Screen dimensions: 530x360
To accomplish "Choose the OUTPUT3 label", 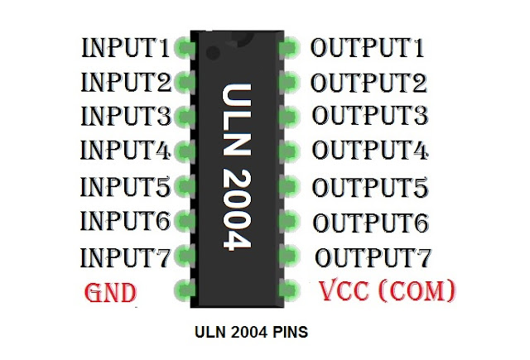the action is (x=370, y=115).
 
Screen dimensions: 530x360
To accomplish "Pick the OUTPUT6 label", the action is (x=370, y=222).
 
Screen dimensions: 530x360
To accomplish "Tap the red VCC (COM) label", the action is (x=387, y=290).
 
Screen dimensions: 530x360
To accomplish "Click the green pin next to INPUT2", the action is (x=183, y=82).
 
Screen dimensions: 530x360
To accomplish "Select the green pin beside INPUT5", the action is (x=183, y=185).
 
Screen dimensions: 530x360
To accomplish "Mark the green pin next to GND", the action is (x=183, y=289).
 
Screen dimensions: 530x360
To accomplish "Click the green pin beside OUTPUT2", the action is (x=288, y=82).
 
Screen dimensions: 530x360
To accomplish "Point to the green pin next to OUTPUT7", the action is (x=288, y=255).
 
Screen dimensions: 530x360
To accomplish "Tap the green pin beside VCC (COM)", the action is (x=288, y=289).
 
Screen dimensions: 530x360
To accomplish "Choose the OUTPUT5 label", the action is (x=370, y=186).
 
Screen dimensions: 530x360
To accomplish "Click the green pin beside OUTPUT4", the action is (x=288, y=151).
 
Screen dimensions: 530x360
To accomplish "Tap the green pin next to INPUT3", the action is (x=183, y=116).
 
